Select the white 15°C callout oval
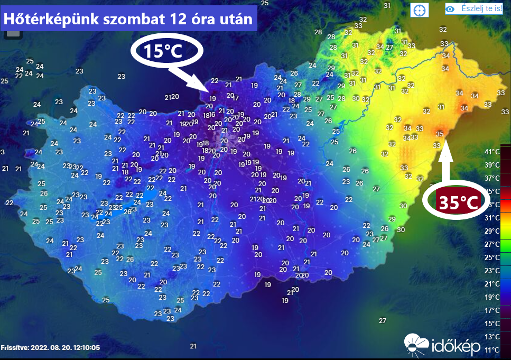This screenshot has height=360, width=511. (166, 51)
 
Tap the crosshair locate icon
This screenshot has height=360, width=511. (420, 10)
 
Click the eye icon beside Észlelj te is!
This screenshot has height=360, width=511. (450, 8)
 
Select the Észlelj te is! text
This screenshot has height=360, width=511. (481, 8)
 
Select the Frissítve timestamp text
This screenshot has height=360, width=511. (51, 348)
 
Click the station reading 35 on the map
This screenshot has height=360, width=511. (440, 134)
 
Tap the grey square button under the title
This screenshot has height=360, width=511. (13, 33)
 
